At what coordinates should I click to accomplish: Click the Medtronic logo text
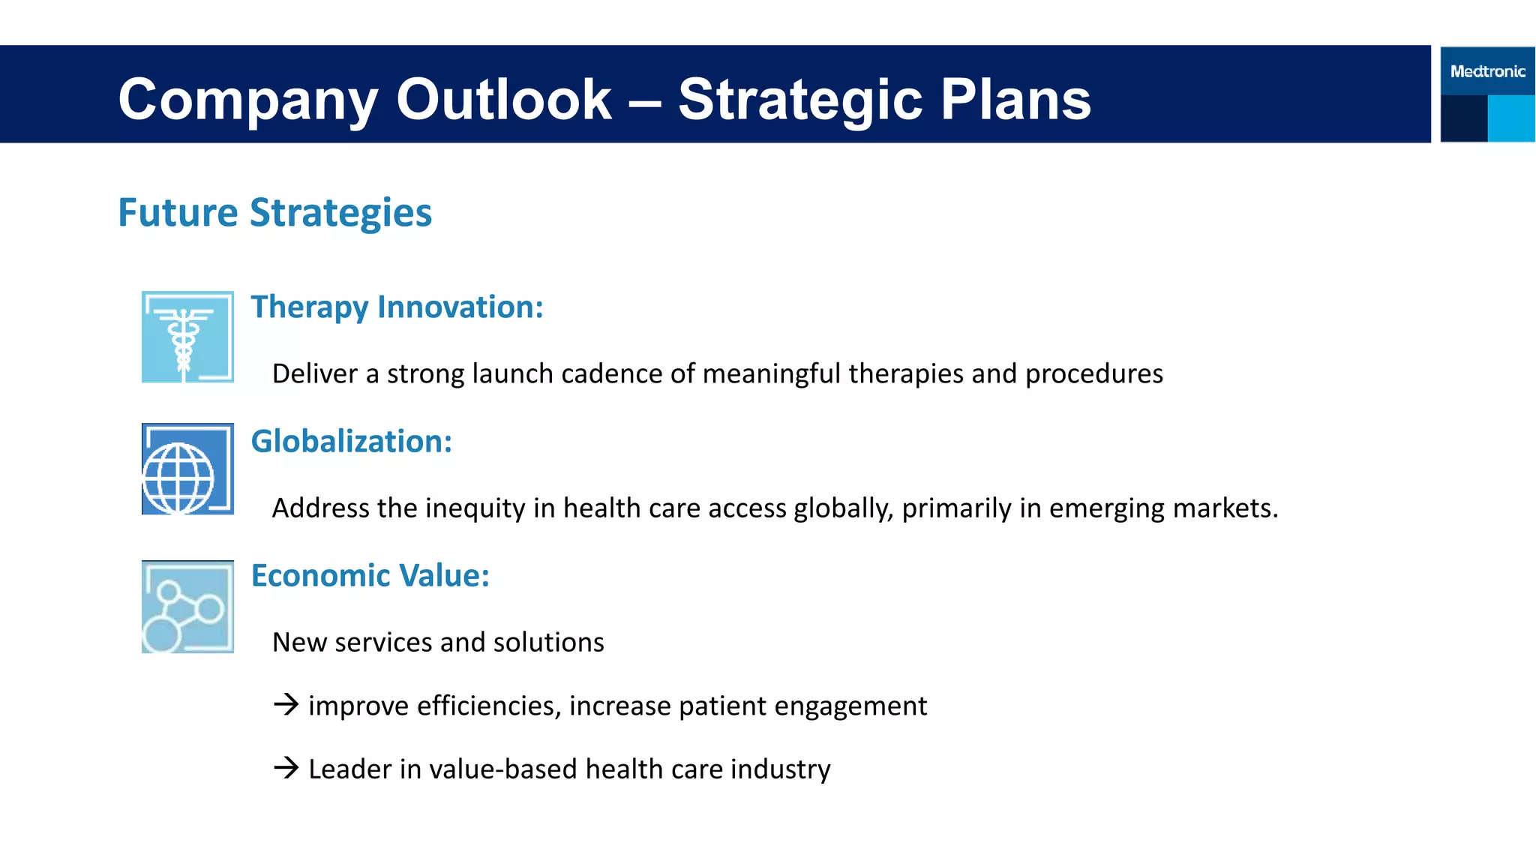point(1487,71)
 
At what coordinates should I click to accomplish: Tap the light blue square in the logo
point(1510,118)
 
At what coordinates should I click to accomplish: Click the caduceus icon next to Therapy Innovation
point(187,337)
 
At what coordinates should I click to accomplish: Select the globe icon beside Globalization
point(187,469)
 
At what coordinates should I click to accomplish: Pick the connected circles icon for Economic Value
point(187,607)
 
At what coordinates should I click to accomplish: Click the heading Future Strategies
point(274,212)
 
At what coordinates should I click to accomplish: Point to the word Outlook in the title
point(504,99)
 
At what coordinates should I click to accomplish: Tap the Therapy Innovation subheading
point(397,307)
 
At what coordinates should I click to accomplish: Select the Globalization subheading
point(351,441)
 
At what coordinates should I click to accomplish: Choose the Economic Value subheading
point(370,575)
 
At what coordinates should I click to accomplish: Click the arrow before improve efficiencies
point(286,705)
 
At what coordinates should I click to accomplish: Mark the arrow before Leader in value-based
point(286,768)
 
